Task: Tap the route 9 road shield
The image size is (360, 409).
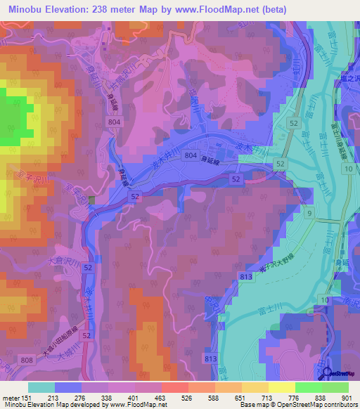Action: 309,212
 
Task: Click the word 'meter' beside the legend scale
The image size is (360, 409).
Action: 12,398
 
